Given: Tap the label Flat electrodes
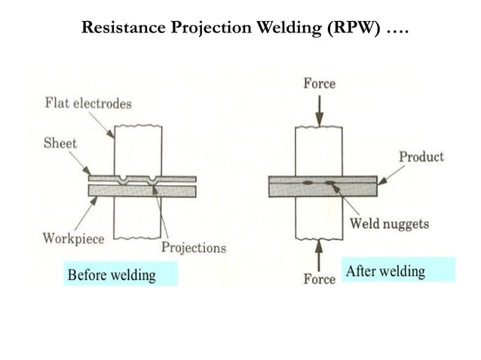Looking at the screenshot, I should [87, 103].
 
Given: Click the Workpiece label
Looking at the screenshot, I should [73, 239].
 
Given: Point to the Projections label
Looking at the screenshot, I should [194, 247].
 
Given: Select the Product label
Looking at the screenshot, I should [421, 157].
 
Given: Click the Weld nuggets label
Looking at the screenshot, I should [388, 223].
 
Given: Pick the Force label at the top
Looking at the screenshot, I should [320, 83].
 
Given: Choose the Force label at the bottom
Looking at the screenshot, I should [319, 279].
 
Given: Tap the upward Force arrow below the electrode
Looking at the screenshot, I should [319, 255].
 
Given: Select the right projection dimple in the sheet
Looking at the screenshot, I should [153, 181].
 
